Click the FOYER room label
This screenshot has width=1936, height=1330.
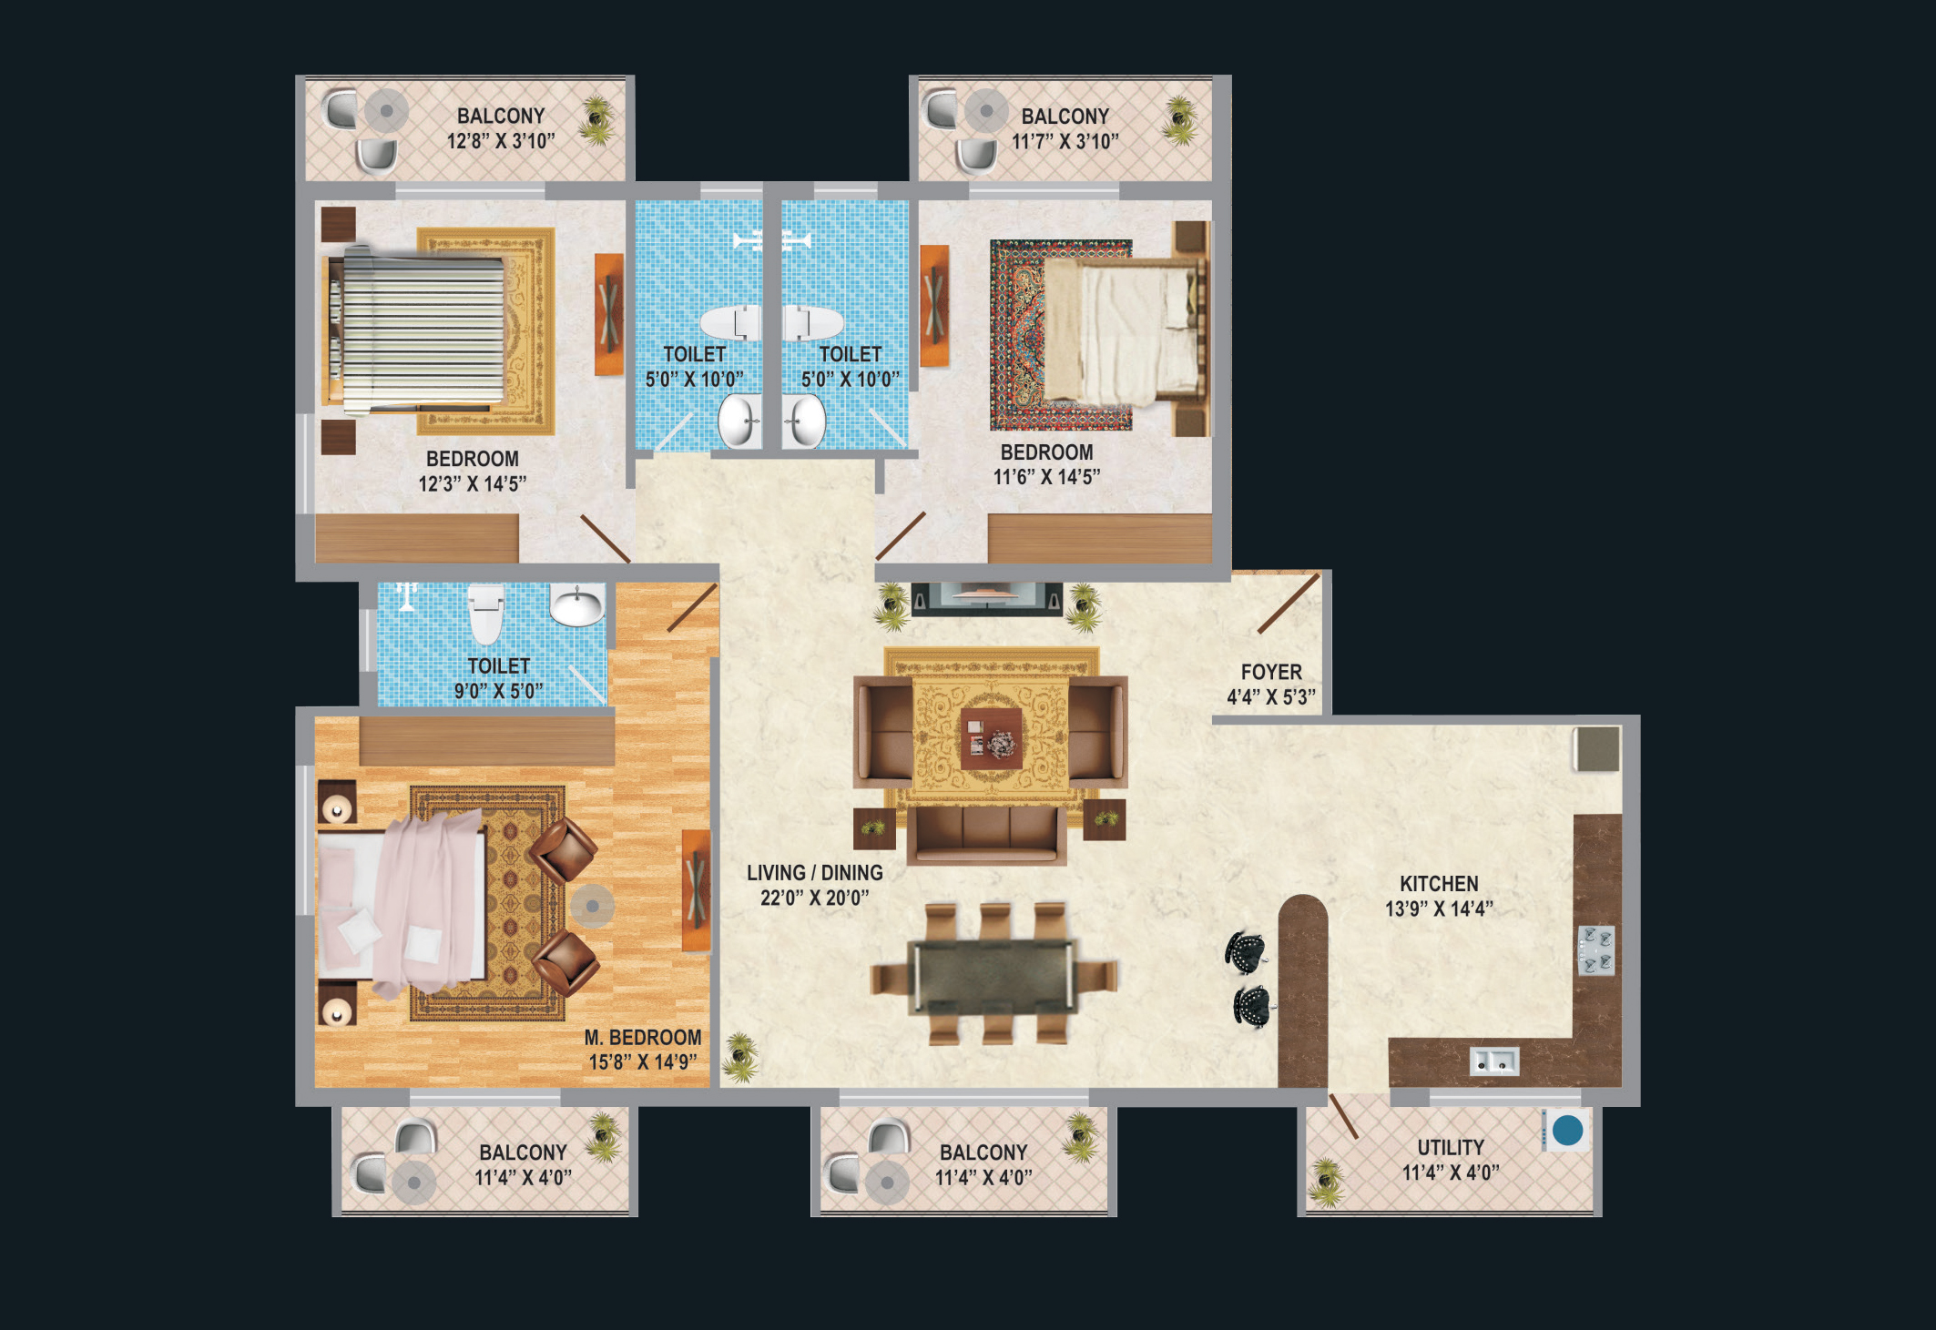click(1271, 672)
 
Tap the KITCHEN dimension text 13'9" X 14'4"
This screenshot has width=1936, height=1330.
click(1439, 909)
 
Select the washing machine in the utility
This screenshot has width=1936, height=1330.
click(1566, 1130)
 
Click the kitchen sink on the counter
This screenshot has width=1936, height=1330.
click(1494, 1061)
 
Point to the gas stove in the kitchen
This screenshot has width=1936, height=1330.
click(1596, 950)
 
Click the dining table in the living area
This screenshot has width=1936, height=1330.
click(993, 975)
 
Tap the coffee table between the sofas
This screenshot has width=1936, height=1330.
click(991, 738)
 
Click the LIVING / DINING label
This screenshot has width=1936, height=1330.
click(815, 873)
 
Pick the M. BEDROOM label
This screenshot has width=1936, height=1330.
click(643, 1038)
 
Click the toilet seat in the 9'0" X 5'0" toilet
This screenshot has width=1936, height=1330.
click(485, 614)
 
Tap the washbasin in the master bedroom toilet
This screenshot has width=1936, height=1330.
click(577, 604)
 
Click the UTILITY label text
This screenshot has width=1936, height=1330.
click(1451, 1148)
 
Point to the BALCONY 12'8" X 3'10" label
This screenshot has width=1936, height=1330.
click(501, 128)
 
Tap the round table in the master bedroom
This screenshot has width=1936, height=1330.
click(593, 906)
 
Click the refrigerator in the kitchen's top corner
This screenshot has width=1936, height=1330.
click(1598, 748)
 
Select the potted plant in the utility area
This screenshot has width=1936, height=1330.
click(1326, 1182)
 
